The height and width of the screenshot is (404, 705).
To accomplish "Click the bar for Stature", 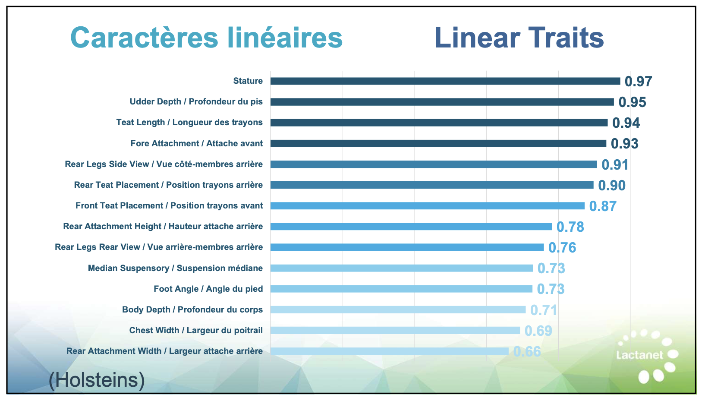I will (x=445, y=81).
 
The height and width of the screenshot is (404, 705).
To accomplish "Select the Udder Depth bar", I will (x=442, y=102).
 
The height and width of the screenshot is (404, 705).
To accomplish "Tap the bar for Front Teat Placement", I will (x=427, y=206).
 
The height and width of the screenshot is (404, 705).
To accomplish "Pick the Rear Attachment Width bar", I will (x=389, y=351).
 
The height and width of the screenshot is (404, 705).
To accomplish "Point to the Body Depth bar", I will (x=398, y=309).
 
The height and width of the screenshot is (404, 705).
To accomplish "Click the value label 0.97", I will (x=638, y=82).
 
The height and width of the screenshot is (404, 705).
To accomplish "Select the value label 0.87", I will (x=603, y=206).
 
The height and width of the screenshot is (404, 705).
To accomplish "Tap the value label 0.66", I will (x=527, y=352).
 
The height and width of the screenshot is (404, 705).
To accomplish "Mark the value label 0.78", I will (x=570, y=227).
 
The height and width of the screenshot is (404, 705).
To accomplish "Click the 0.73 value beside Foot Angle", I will (x=551, y=289).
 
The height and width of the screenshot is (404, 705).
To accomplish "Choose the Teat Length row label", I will (x=189, y=123).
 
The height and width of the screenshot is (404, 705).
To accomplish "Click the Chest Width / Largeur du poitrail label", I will (x=196, y=331).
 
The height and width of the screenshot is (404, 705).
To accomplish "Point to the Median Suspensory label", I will (x=175, y=268).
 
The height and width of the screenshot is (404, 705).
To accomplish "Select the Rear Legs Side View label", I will (x=164, y=164).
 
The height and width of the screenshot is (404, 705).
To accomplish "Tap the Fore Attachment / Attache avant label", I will (x=196, y=144).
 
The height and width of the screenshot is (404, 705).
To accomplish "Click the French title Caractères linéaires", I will (x=206, y=38).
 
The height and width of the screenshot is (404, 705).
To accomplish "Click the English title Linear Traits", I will (x=519, y=38).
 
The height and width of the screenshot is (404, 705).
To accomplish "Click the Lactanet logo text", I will (x=639, y=355).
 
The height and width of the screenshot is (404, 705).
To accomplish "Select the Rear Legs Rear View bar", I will (x=407, y=247).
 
